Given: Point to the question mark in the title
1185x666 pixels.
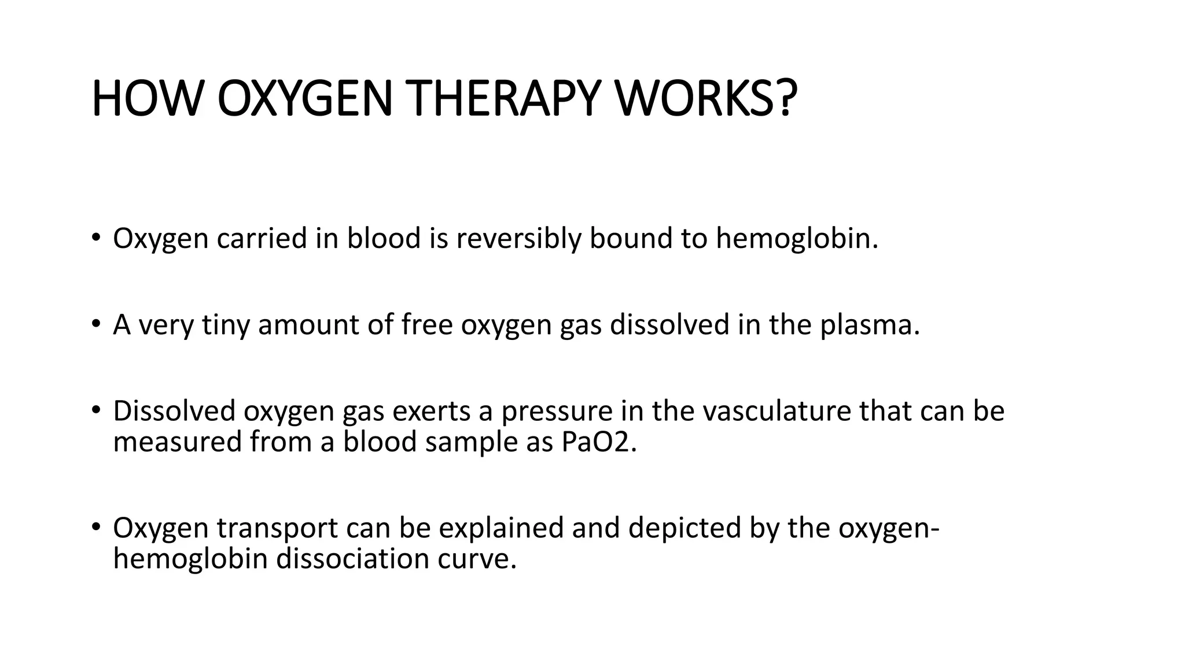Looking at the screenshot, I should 785,99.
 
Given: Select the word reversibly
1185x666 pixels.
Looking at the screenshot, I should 518,239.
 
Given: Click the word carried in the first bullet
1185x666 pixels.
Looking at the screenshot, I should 262,239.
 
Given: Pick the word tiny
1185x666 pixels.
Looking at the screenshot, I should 225,325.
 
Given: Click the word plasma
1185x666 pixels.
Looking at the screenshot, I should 869,325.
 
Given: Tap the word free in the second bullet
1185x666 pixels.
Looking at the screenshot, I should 427,325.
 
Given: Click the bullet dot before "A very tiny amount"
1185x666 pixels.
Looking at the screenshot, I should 95,324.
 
